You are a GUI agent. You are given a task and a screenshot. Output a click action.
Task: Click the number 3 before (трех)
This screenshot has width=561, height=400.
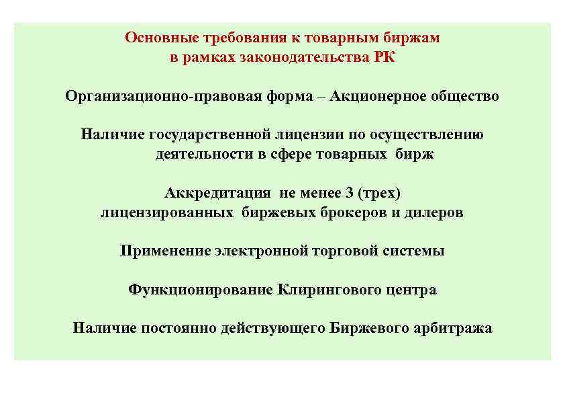[349, 194]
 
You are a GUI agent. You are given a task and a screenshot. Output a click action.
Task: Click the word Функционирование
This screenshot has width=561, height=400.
[199, 290]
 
